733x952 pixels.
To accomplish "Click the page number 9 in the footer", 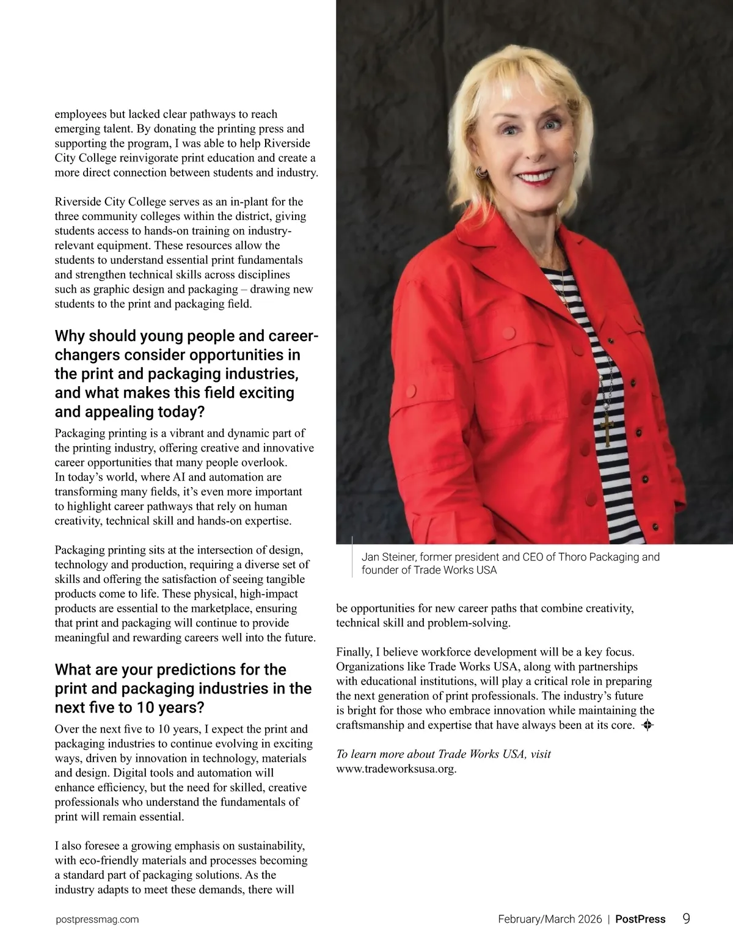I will [x=686, y=918].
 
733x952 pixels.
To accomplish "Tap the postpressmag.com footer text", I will [x=97, y=920].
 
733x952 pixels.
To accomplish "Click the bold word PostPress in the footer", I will [x=640, y=920].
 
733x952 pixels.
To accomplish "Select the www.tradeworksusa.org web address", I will [x=396, y=769].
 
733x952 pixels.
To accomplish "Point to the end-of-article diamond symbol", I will [x=648, y=726].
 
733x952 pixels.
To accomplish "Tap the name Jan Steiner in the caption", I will [x=387, y=557].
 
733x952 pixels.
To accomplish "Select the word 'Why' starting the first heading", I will [x=70, y=336].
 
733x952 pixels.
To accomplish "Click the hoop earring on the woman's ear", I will [x=480, y=172].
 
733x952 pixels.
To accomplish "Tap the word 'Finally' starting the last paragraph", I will [x=353, y=652].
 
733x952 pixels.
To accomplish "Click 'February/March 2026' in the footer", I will [x=550, y=920].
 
